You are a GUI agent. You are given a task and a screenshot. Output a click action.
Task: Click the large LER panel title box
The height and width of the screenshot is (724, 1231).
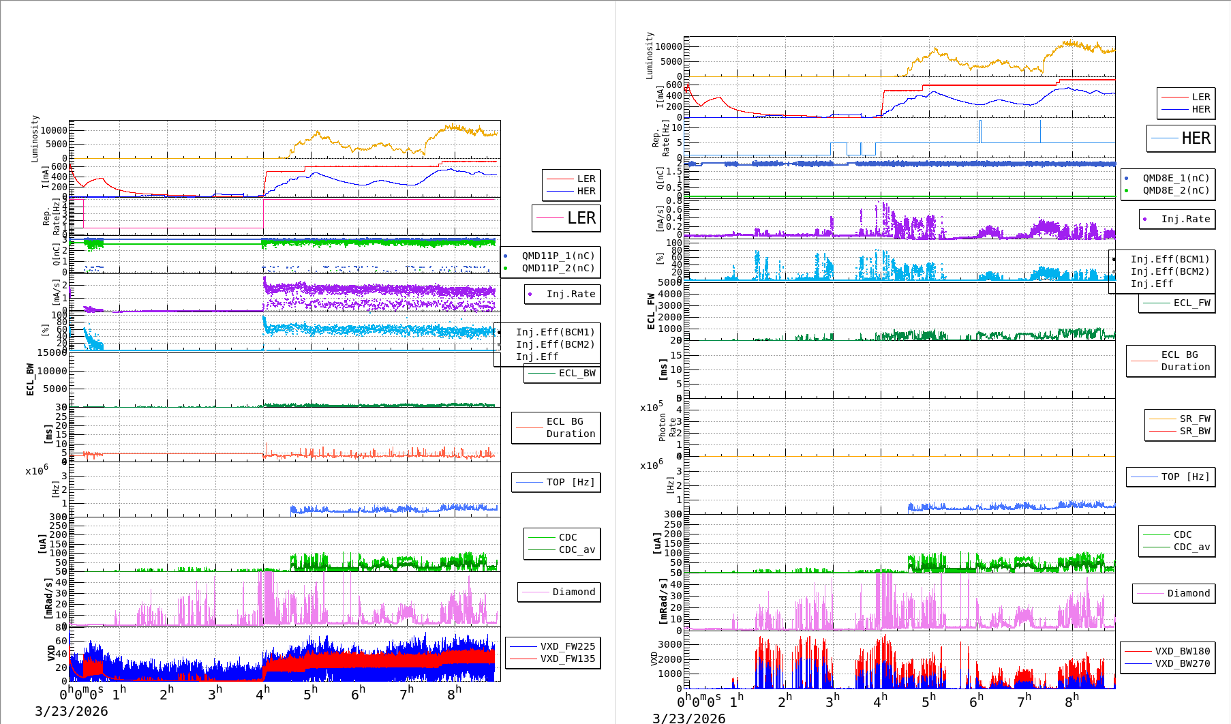pyautogui.click(x=566, y=218)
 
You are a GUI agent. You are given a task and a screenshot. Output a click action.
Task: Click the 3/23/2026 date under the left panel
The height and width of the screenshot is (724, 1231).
pyautogui.click(x=72, y=711)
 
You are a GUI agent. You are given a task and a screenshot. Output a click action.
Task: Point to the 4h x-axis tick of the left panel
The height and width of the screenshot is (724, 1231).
pyautogui.click(x=263, y=694)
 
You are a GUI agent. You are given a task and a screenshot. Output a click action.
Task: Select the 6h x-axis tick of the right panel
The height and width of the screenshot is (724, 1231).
pyautogui.click(x=976, y=700)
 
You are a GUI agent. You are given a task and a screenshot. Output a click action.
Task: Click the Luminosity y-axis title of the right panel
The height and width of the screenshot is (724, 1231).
pyautogui.click(x=650, y=55)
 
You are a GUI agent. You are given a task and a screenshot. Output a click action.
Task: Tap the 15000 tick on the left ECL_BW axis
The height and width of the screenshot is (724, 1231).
pyautogui.click(x=52, y=352)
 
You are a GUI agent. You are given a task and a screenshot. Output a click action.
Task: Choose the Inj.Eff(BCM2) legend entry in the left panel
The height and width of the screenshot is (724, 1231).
pyautogui.click(x=555, y=344)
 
